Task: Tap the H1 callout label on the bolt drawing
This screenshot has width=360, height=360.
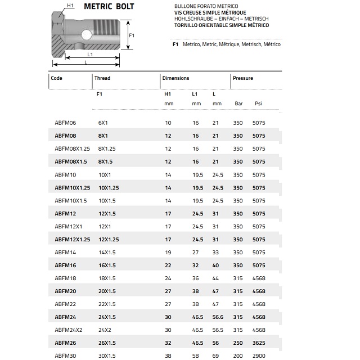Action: pos(70,6)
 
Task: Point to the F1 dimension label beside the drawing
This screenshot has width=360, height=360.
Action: pos(132,35)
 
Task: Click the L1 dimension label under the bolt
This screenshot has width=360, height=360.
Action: pos(90,55)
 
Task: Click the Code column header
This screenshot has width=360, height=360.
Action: pos(56,78)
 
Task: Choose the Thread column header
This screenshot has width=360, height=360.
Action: pos(102,78)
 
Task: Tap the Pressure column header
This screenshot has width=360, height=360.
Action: pos(243,78)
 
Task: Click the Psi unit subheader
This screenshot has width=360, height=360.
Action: pos(258,103)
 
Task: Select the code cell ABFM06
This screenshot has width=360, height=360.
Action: pos(65,123)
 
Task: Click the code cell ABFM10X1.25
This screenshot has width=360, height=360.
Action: pos(73,187)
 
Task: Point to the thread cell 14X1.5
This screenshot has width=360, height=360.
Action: pos(107,253)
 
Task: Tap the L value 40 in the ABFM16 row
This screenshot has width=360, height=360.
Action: pos(215,265)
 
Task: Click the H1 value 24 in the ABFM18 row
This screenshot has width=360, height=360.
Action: pos(168,278)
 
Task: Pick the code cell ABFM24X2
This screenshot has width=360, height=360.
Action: pos(69,330)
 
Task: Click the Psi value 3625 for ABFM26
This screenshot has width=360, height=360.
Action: pos(259,343)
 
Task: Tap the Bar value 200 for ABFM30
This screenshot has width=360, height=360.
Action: pos(238,356)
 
